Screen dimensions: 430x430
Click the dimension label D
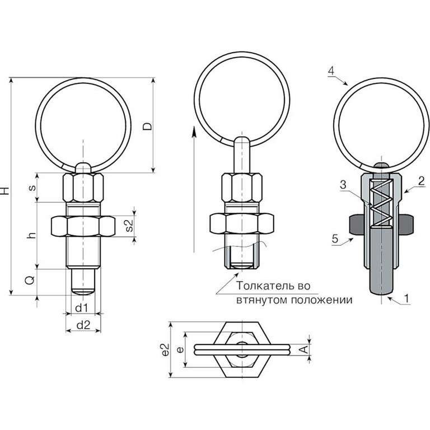click(x=148, y=126)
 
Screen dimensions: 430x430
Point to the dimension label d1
click(x=81, y=309)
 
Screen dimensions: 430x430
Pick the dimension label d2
click(x=83, y=325)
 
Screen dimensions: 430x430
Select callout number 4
click(x=331, y=71)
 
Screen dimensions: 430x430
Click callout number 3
click(x=343, y=185)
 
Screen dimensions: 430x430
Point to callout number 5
click(x=335, y=239)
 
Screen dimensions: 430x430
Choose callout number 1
click(x=406, y=298)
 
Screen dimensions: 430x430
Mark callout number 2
click(x=421, y=181)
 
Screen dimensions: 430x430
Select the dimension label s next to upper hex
click(x=32, y=188)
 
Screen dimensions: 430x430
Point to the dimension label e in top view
click(x=180, y=349)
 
